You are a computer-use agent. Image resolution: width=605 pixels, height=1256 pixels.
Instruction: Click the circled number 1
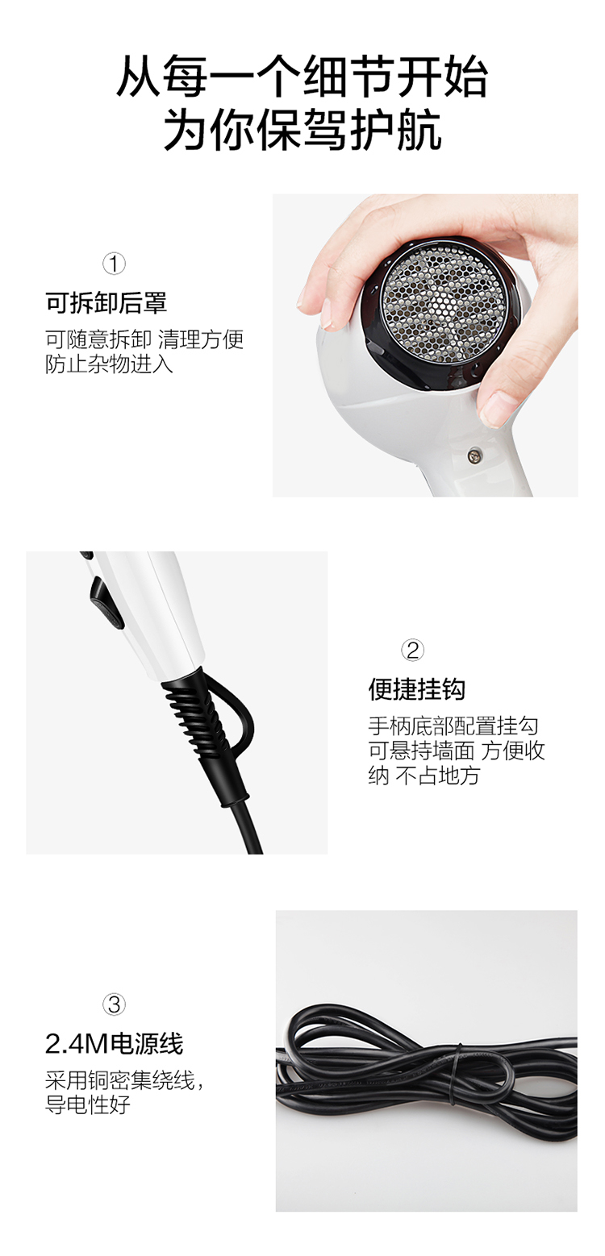[114, 264]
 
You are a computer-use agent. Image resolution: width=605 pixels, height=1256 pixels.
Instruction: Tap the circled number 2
[412, 651]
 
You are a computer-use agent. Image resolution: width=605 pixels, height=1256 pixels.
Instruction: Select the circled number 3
[114, 1004]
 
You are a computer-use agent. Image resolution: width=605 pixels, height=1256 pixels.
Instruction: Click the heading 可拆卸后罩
[106, 303]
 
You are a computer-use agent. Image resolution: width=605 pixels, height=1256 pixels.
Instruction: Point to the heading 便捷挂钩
[417, 689]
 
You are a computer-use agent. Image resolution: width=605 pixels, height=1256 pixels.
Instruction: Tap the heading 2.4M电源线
[114, 1043]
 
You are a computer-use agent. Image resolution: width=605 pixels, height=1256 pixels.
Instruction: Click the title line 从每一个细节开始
[302, 77]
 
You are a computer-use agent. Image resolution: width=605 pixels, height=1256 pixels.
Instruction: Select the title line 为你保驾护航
[302, 130]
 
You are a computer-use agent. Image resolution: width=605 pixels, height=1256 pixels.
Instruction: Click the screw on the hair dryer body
[475, 455]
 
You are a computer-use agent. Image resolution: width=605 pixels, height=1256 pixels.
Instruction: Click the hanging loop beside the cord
[235, 723]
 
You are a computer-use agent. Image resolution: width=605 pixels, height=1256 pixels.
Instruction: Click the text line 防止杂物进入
[110, 364]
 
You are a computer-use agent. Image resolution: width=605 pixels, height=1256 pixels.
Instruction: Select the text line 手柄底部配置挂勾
[453, 726]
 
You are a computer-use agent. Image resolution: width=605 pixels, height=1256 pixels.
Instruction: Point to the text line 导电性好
[88, 1104]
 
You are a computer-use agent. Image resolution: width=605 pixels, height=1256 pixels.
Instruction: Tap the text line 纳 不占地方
[423, 776]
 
